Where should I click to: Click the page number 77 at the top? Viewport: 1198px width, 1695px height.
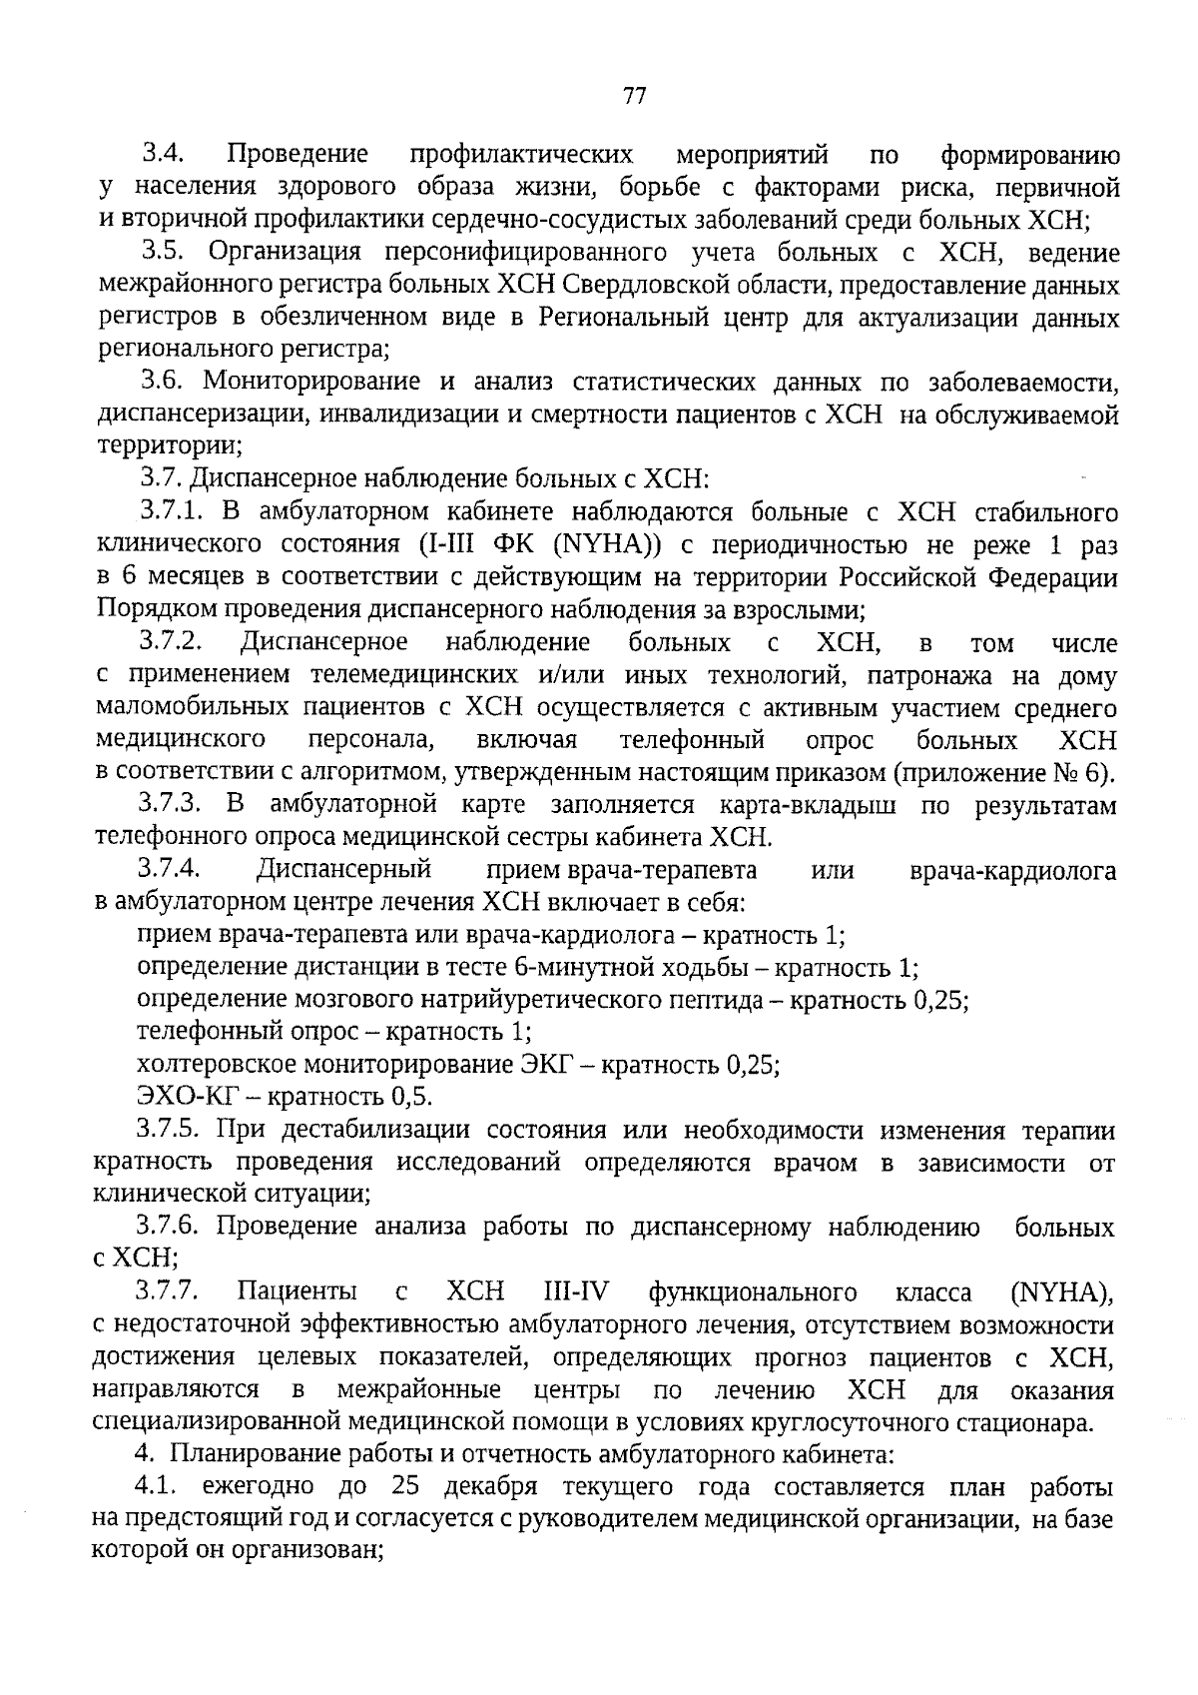tap(635, 97)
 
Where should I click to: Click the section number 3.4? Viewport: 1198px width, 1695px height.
tap(162, 155)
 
